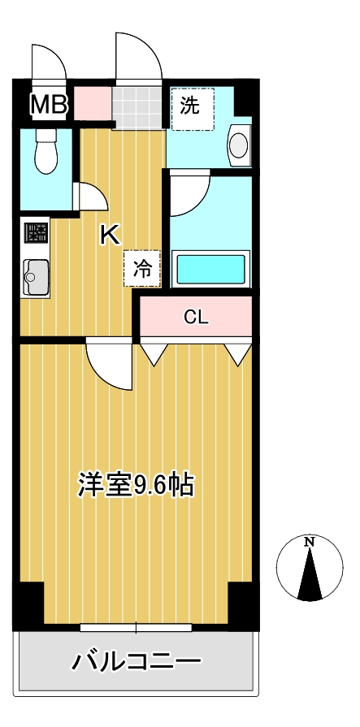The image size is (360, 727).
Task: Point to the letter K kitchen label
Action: pyautogui.click(x=110, y=235)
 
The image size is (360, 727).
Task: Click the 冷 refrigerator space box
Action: pyautogui.click(x=141, y=270)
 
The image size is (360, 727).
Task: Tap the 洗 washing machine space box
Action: pyautogui.click(x=192, y=106)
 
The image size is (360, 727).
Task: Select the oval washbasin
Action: pyautogui.click(x=238, y=145)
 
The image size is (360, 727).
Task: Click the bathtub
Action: pyautogui.click(x=211, y=267)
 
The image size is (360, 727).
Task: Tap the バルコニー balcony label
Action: pyautogui.click(x=136, y=662)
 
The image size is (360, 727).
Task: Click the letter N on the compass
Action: pyautogui.click(x=309, y=542)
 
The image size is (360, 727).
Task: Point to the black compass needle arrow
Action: pyautogui.click(x=309, y=578)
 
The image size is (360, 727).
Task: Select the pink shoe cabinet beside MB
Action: pyautogui.click(x=93, y=102)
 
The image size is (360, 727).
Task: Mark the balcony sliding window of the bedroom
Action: pyautogui.click(x=136, y=627)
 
